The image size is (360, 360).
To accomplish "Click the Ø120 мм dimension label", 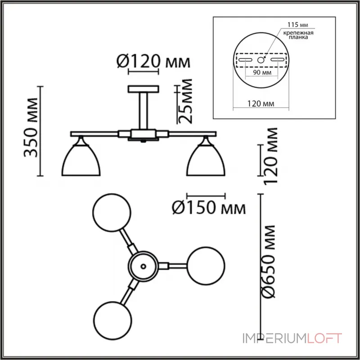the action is point(153,62).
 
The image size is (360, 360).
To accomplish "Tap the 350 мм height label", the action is point(31,128).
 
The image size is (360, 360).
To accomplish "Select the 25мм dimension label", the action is point(185,101).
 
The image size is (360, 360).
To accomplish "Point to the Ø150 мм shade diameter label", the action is point(209,208).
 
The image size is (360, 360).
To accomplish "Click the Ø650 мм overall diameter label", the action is point(268,261).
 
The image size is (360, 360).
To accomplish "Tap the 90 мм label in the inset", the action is point(262,72).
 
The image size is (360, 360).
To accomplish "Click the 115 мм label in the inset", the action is point(297,25).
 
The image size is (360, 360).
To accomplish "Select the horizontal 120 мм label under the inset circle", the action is point(261,104).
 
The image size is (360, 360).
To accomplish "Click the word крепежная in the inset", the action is point(298,32).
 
